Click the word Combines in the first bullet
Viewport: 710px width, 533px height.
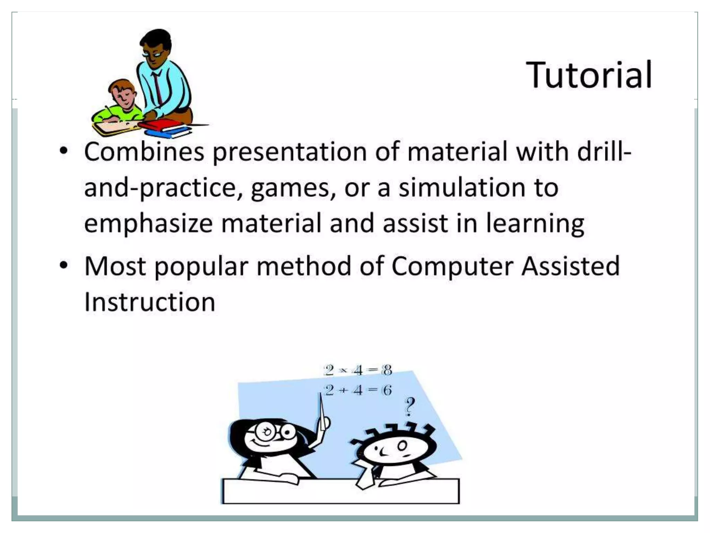[144, 152]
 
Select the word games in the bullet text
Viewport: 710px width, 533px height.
[293, 188]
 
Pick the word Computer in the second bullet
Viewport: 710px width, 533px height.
[452, 266]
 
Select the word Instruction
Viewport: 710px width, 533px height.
[150, 302]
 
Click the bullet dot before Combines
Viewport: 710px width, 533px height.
[63, 151]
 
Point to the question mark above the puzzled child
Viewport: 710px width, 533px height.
[410, 406]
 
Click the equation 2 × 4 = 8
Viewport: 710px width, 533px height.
[358, 370]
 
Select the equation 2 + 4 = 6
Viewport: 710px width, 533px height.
[358, 390]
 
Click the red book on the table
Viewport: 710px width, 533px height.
[159, 125]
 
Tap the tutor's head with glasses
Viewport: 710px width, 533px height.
[156, 49]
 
